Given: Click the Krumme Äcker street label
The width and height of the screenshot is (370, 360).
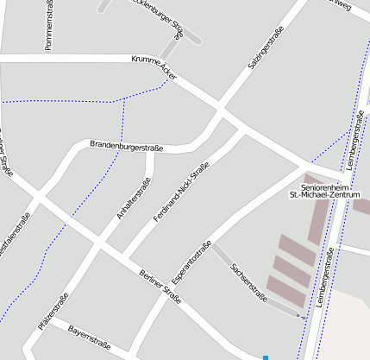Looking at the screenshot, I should click(x=154, y=68).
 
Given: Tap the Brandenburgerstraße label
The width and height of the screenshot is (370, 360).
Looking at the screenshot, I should click(x=126, y=146).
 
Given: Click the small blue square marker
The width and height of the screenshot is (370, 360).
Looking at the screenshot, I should click(x=266, y=357).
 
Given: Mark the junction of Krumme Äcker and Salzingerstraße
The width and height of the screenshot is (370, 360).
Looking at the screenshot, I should click(x=223, y=111).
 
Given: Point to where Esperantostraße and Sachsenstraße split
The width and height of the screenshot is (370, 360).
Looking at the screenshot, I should click(x=212, y=244).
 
